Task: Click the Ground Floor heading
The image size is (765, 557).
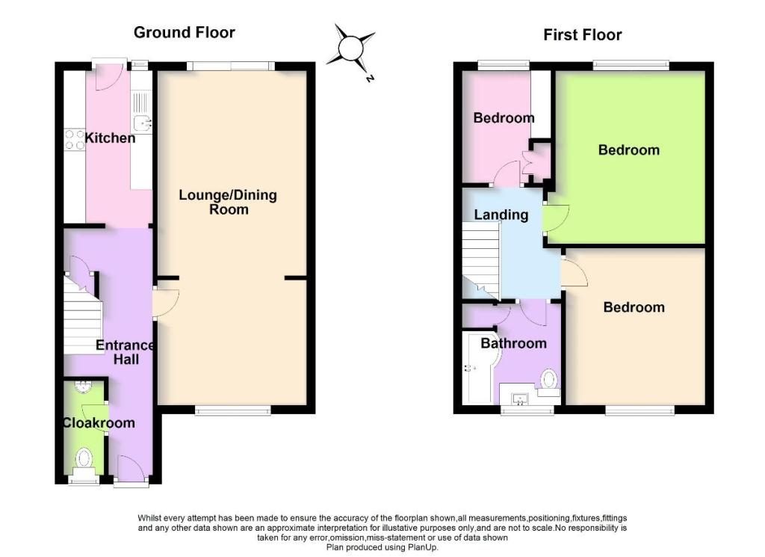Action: pyautogui.click(x=185, y=33)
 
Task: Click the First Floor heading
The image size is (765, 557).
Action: pyautogui.click(x=583, y=35)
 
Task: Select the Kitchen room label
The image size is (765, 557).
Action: pyautogui.click(x=111, y=138)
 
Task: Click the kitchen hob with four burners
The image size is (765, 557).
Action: pyautogui.click(x=75, y=138)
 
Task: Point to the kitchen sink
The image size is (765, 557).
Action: pyautogui.click(x=143, y=123)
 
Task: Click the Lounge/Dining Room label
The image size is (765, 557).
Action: pyautogui.click(x=228, y=202)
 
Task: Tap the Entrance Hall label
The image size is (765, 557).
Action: pyautogui.click(x=126, y=352)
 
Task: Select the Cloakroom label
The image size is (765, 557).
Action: pyautogui.click(x=99, y=422)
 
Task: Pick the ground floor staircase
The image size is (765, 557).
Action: pyautogui.click(x=82, y=313)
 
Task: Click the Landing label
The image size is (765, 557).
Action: pyautogui.click(x=501, y=215)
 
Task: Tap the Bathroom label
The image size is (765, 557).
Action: pyautogui.click(x=513, y=343)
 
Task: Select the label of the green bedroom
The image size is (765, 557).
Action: pyautogui.click(x=629, y=150)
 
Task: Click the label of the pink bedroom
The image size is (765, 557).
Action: pyautogui.click(x=504, y=117)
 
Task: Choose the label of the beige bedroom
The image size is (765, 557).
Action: pyautogui.click(x=634, y=307)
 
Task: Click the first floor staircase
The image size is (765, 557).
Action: pyautogui.click(x=481, y=260)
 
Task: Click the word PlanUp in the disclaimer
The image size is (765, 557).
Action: pyautogui.click(x=423, y=547)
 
